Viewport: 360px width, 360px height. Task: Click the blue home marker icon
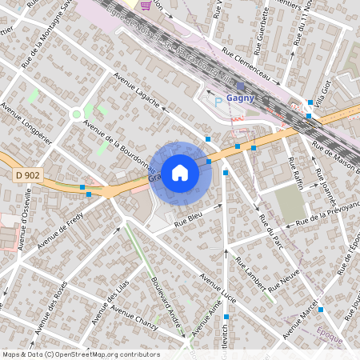(180, 172)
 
